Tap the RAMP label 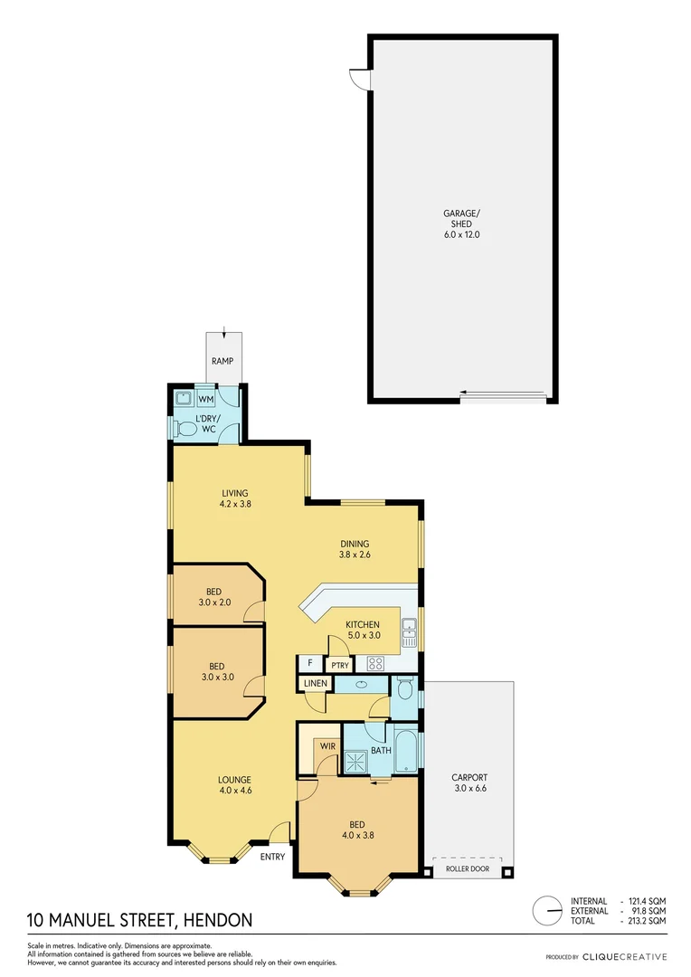(x=222, y=362)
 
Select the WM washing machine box (x=206, y=399)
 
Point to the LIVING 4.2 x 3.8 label (x=234, y=498)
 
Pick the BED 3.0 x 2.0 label (x=213, y=597)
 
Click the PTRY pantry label (x=340, y=666)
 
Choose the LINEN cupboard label (x=315, y=683)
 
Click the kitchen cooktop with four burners (x=375, y=663)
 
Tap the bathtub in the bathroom (x=407, y=750)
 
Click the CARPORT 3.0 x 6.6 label (x=469, y=783)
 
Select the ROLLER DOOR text (x=468, y=869)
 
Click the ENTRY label (x=272, y=856)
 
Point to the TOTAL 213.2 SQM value (x=647, y=921)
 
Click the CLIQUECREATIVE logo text (x=624, y=957)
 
